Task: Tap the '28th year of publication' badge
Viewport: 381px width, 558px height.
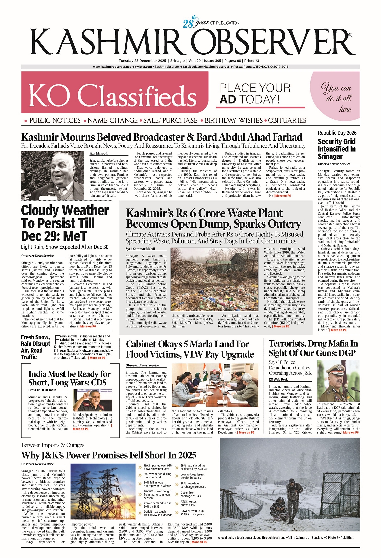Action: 211,22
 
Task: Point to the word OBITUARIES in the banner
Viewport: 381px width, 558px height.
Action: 287,120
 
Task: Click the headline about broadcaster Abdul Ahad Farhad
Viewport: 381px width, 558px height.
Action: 162,137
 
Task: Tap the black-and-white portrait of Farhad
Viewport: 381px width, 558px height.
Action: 52,175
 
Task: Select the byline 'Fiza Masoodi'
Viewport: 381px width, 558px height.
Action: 99,153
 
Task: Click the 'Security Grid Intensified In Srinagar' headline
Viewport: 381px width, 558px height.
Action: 337,149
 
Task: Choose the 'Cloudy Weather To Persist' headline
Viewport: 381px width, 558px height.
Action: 65,223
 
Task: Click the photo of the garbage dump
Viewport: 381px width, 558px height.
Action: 214,279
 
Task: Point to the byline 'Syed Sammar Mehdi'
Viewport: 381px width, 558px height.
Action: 140,249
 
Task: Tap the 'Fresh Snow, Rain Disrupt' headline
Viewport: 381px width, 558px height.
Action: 35,347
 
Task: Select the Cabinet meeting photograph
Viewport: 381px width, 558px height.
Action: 215,385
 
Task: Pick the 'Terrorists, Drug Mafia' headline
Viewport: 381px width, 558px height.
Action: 313,348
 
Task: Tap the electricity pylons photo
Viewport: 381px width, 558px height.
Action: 103,491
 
